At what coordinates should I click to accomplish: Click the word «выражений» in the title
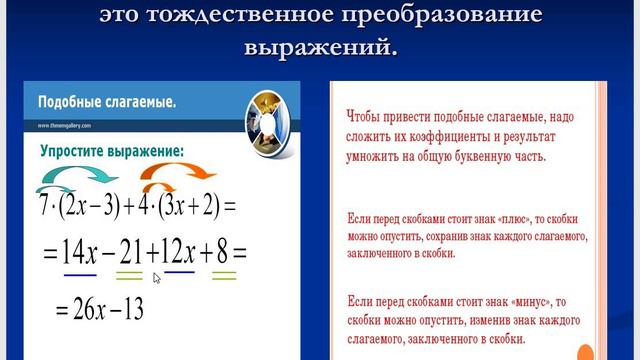click(x=319, y=47)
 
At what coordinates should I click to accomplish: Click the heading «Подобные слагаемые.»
click(x=107, y=103)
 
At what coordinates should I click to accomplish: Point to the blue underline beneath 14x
click(x=79, y=274)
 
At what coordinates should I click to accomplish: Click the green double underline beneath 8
click(x=222, y=276)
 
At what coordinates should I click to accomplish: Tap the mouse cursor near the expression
click(x=157, y=278)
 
